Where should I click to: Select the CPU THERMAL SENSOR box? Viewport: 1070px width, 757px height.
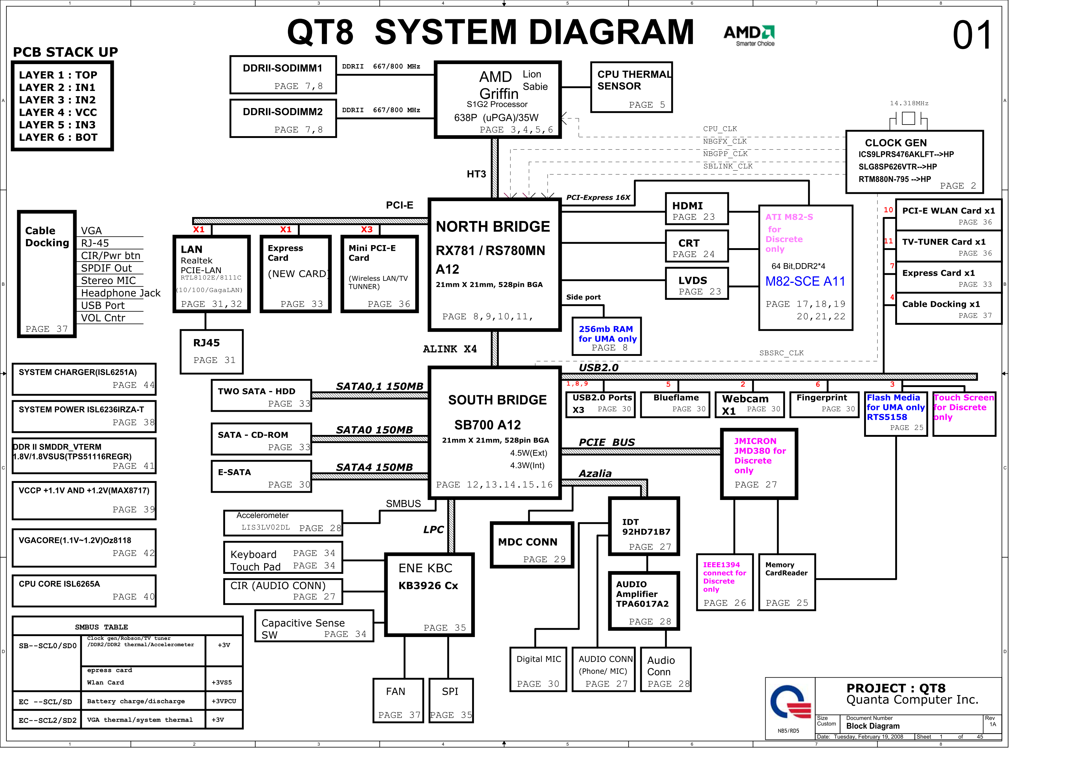click(x=631, y=88)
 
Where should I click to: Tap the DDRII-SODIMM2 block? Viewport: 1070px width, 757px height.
click(x=283, y=119)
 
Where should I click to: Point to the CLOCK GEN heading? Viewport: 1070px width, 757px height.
click(x=895, y=143)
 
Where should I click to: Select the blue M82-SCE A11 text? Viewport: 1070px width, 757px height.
click(x=805, y=281)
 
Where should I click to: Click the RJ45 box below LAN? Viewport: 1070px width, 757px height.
click(x=212, y=351)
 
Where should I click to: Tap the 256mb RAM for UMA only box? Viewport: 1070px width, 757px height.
click(x=606, y=337)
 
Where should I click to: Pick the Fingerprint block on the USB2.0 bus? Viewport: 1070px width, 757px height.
click(x=824, y=404)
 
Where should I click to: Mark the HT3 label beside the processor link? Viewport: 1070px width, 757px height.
click(x=476, y=174)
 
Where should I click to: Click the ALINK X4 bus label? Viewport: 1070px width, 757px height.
click(x=449, y=349)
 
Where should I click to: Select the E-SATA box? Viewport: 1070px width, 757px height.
click(x=261, y=476)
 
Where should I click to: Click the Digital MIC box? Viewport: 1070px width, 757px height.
click(x=538, y=669)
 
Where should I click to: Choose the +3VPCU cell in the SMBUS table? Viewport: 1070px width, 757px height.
click(x=224, y=701)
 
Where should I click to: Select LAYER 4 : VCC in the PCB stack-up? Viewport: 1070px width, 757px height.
click(x=58, y=112)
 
